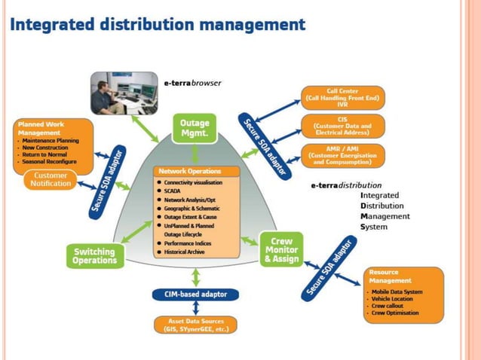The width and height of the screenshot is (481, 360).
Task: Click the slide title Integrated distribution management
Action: pos(158,24)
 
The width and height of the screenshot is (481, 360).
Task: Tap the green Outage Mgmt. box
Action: pos(195,128)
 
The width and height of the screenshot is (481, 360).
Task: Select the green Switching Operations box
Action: pos(94,256)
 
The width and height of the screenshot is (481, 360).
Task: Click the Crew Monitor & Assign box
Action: pos(281,249)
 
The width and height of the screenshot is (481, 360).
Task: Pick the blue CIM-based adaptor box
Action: pos(196,294)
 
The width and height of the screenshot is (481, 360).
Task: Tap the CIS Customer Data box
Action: pos(343,127)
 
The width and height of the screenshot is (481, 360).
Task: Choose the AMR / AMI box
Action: pos(343,154)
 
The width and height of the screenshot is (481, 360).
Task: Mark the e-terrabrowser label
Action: pos(192,83)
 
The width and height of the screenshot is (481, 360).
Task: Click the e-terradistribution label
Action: pos(346,185)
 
